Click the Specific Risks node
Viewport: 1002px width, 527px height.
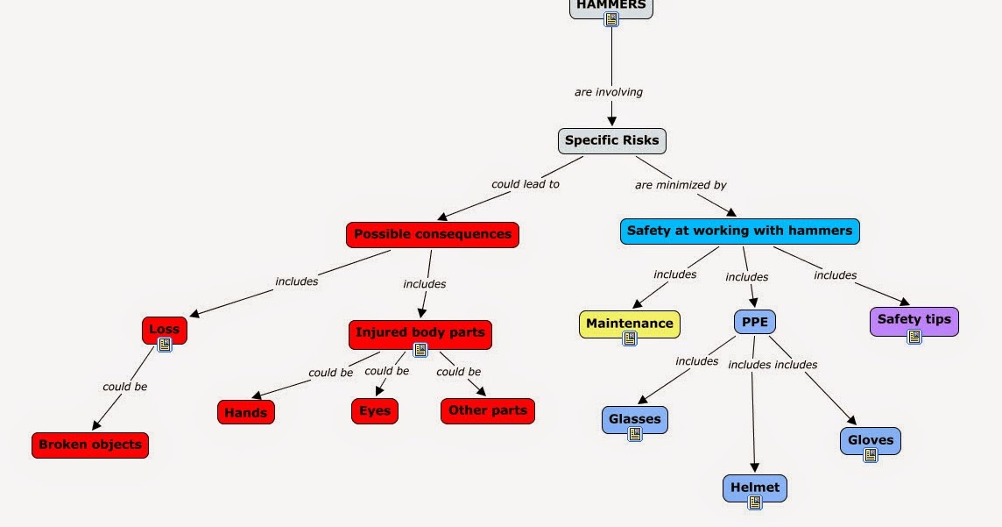pos(611,140)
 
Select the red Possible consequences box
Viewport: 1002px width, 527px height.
pos(433,235)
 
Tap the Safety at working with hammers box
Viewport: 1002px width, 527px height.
pos(740,231)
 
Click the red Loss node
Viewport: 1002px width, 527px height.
pos(165,330)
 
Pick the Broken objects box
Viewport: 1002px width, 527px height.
pos(90,445)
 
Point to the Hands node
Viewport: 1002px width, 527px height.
pos(246,412)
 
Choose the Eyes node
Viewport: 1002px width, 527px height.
pos(375,411)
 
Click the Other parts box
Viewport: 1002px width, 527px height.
pos(488,410)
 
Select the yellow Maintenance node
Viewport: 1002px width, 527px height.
pos(630,324)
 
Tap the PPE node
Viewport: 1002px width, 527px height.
pos(755,322)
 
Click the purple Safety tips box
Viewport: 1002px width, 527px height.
pos(914,320)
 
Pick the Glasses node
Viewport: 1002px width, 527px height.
pos(634,420)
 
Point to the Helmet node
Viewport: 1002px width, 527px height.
pos(755,488)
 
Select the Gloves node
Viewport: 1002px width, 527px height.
pos(871,441)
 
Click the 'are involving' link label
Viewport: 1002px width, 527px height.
pos(609,92)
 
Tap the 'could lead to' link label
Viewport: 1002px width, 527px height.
pos(526,184)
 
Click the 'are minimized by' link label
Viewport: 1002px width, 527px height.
pos(681,186)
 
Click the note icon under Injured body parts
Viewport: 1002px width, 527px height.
pos(420,350)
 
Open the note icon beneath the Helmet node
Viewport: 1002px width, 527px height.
pos(755,502)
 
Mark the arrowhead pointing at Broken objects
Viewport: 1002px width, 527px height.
pos(97,424)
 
